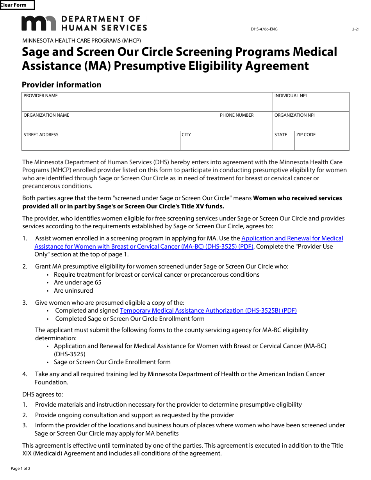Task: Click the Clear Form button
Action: tap(17, 5)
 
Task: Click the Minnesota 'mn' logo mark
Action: tap(39, 23)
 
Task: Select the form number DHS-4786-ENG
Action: tap(264, 29)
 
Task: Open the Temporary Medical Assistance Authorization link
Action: tap(208, 311)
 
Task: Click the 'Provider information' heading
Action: tap(62, 85)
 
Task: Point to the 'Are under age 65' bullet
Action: tap(78, 283)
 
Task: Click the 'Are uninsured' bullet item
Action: tap(73, 291)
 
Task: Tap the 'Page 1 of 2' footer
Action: tap(21, 468)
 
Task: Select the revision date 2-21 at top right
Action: tap(355, 29)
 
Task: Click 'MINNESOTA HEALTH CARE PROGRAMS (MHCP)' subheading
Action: tap(82, 41)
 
